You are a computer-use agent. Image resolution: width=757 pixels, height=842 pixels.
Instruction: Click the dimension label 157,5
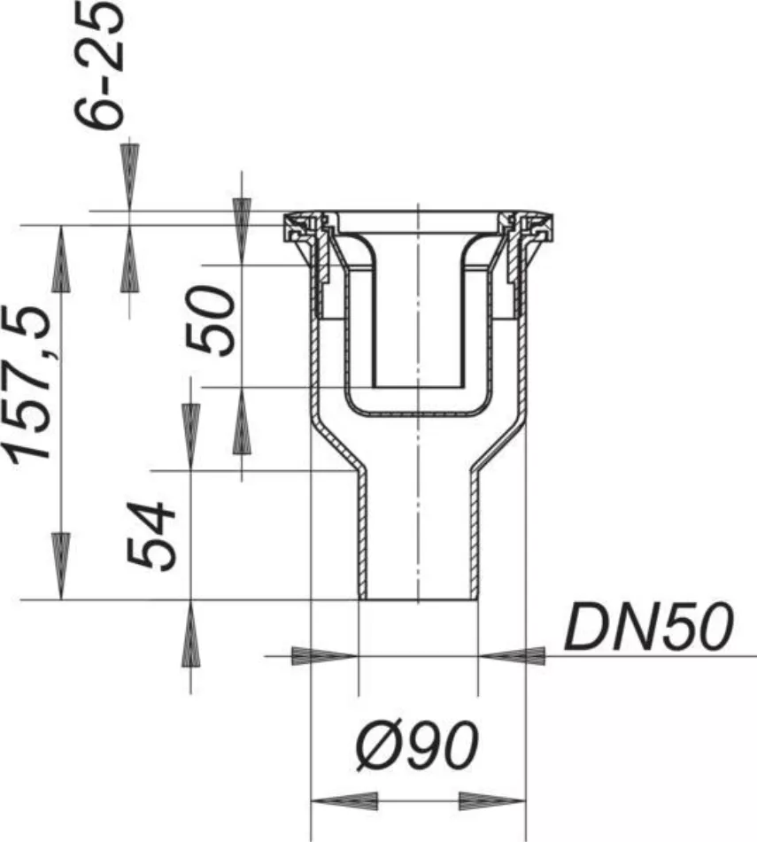(28, 384)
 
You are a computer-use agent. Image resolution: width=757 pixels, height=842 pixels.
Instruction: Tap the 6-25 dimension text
(99, 65)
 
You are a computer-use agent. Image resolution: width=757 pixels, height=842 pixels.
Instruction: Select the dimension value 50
(209, 321)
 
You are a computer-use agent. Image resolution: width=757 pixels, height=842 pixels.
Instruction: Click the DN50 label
(649, 626)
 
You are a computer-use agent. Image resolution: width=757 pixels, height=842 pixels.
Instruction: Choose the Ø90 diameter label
(417, 745)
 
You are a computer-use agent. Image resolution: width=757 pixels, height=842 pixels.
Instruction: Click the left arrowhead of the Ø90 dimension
(344, 801)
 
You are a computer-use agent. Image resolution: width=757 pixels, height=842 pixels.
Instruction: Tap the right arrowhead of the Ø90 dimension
(492, 801)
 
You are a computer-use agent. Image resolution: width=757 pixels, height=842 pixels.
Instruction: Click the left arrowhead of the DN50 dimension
(325, 656)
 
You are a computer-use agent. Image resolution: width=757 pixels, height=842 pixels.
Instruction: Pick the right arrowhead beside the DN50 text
(512, 656)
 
